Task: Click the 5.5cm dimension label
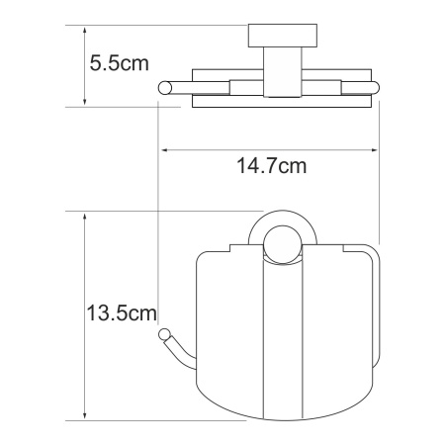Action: [120, 63]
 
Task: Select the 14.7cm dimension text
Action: [272, 166]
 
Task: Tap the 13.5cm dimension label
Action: [122, 312]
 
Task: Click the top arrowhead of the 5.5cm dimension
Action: [85, 31]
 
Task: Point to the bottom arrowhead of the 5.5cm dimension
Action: [85, 101]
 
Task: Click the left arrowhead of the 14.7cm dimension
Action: [165, 150]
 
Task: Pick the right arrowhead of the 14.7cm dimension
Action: [374, 150]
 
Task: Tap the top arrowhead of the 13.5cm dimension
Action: [85, 218]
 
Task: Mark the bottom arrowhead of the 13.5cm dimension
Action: [85, 415]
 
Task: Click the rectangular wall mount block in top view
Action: [283, 36]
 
